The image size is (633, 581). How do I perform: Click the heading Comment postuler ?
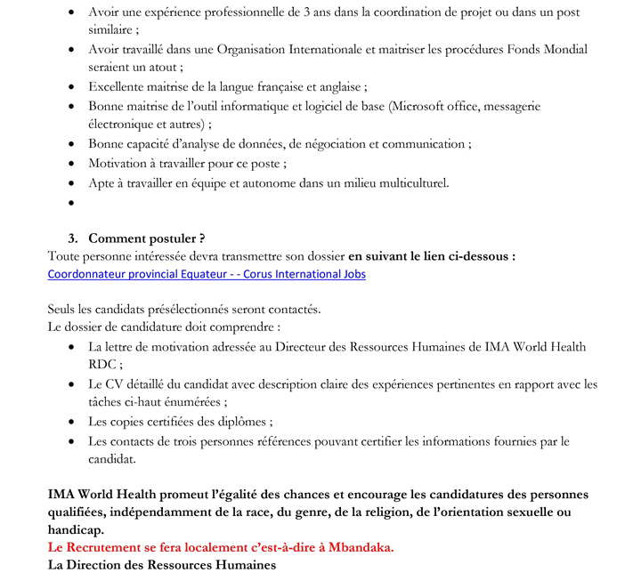click(147, 238)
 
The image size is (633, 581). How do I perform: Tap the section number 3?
click(73, 238)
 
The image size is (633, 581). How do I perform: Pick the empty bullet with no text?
click(70, 204)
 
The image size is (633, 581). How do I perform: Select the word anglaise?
click(337, 87)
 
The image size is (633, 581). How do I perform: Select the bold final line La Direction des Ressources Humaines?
click(161, 565)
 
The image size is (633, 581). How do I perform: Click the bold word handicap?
click(77, 529)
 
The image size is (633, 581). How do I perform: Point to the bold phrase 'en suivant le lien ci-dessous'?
click(430, 256)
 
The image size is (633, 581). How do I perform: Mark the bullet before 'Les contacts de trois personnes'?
click(70, 442)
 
